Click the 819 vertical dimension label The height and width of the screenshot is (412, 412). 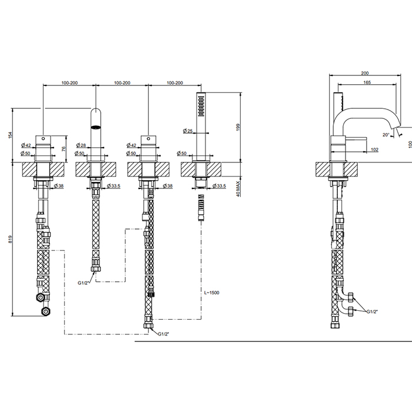tap(10, 239)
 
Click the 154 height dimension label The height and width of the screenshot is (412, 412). tap(10, 135)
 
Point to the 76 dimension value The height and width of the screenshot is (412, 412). tap(64, 149)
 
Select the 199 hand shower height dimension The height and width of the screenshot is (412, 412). tap(238, 128)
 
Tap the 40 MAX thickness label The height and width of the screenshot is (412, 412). tap(238, 189)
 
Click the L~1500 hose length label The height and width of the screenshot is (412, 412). tap(212, 293)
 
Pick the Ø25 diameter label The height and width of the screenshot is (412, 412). tap(188, 131)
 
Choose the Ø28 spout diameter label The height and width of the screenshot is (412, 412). tap(81, 145)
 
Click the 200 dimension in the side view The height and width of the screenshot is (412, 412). tap(365, 73)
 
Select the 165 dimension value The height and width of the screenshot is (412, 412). tap(367, 82)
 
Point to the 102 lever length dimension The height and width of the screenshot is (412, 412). tap(375, 149)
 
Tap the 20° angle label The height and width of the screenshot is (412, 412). tap(386, 135)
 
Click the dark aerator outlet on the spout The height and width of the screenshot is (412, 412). tap(95, 128)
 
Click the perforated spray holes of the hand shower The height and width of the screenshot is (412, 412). tap(201, 106)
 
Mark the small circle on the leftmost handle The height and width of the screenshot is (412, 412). tap(43, 138)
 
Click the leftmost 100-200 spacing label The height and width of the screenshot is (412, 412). tap(69, 83)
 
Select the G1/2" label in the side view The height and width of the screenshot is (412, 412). tap(372, 311)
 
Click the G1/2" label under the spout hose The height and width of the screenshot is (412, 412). tap(83, 283)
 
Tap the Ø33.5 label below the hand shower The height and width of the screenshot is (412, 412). tap(219, 186)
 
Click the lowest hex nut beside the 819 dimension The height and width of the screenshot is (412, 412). tap(46, 312)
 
